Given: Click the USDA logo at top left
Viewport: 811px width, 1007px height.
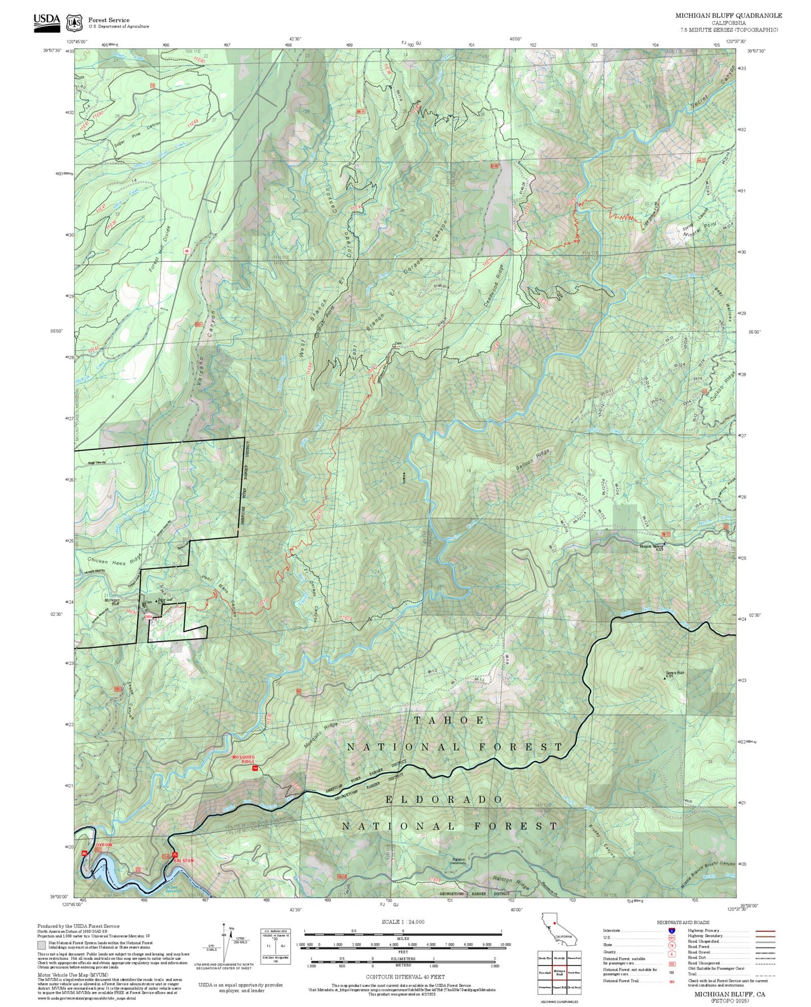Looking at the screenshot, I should [x=47, y=20].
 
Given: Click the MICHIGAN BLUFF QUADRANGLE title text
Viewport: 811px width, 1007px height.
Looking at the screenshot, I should [x=728, y=16].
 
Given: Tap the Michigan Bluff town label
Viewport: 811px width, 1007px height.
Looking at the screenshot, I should [x=112, y=602].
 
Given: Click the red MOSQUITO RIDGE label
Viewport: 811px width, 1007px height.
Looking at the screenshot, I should [x=244, y=759].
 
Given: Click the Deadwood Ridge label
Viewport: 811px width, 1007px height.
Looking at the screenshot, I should [x=494, y=285].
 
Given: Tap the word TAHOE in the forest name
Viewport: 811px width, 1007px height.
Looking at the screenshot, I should [x=449, y=720].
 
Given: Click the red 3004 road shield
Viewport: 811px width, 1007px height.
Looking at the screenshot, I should [x=148, y=617].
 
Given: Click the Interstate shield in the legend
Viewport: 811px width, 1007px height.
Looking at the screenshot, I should [x=671, y=931].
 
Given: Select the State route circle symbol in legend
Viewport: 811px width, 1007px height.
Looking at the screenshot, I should [x=671, y=945].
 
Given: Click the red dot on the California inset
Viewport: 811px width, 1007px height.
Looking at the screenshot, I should [x=554, y=922].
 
